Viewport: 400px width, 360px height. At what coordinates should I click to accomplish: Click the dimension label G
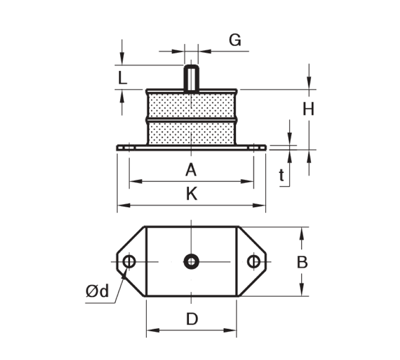pyautogui.click(x=234, y=40)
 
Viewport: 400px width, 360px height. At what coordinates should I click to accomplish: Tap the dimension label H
pyautogui.click(x=308, y=110)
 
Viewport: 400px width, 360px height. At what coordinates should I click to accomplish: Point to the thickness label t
pyautogui.click(x=282, y=175)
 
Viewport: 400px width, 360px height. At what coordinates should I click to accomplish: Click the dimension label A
pyautogui.click(x=190, y=170)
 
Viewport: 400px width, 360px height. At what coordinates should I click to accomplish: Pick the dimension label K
pyautogui.click(x=191, y=194)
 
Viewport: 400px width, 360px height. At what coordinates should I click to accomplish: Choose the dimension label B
pyautogui.click(x=302, y=262)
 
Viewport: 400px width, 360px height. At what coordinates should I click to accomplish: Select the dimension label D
pyautogui.click(x=192, y=319)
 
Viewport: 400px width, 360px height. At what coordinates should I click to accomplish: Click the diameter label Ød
pyautogui.click(x=97, y=291)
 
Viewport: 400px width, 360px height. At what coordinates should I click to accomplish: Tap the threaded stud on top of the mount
pyautogui.click(x=191, y=77)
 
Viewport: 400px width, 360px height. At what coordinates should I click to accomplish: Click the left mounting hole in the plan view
pyautogui.click(x=129, y=262)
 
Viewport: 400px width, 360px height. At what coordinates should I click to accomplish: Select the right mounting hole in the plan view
pyautogui.click(x=253, y=262)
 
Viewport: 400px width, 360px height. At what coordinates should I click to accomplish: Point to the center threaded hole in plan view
pyautogui.click(x=191, y=262)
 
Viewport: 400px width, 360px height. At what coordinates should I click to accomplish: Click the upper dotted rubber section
pyautogui.click(x=191, y=104)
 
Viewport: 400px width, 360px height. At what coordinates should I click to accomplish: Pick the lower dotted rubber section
pyautogui.click(x=191, y=133)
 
